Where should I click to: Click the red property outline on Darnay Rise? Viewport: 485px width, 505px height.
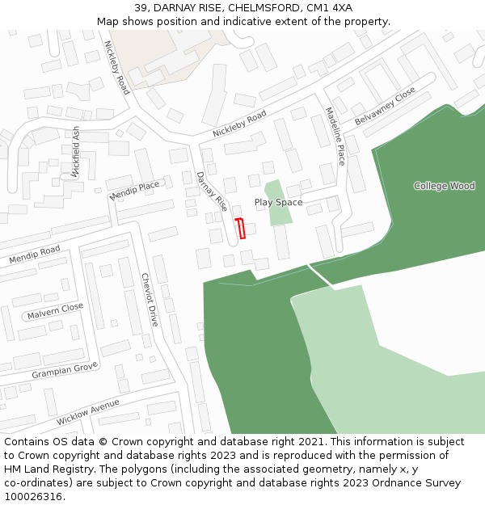click(x=240, y=229)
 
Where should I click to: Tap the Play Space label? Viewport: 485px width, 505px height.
click(x=278, y=202)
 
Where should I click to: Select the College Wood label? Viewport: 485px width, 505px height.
click(x=444, y=186)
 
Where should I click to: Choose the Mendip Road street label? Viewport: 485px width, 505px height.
click(x=35, y=256)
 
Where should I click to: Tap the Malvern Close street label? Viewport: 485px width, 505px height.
click(x=55, y=310)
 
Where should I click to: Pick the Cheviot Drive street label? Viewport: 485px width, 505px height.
click(x=150, y=299)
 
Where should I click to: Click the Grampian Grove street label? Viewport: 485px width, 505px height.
click(x=65, y=371)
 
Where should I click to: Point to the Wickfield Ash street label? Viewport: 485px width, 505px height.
click(x=76, y=151)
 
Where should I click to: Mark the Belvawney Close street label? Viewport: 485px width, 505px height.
click(x=385, y=105)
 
